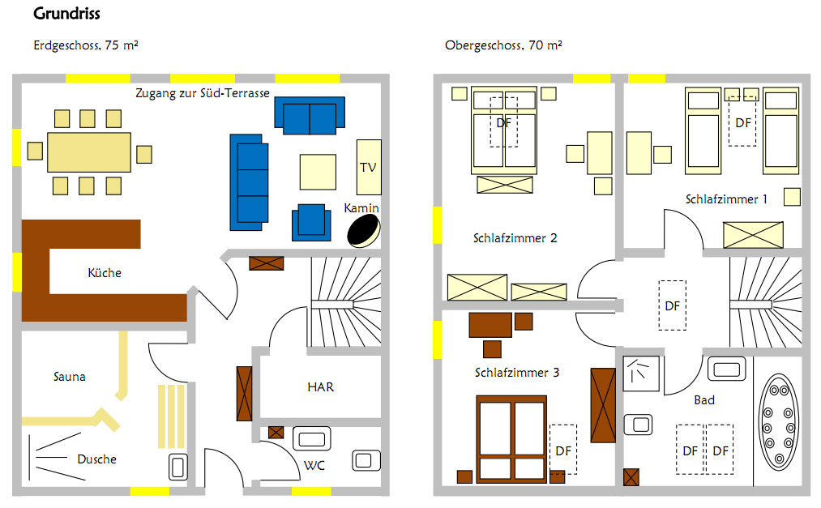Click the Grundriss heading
66,15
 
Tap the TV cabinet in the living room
369,167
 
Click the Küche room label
105,273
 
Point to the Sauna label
70,377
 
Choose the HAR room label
320,387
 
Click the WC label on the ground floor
314,465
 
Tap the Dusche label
96,459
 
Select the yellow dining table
89,152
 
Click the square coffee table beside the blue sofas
318,172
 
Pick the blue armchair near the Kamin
311,222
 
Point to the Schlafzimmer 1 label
726,199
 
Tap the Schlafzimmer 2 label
515,238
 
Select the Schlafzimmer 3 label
517,373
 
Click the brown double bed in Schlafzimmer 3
511,438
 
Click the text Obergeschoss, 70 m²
503,45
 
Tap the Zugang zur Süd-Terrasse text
203,93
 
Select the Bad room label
704,400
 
